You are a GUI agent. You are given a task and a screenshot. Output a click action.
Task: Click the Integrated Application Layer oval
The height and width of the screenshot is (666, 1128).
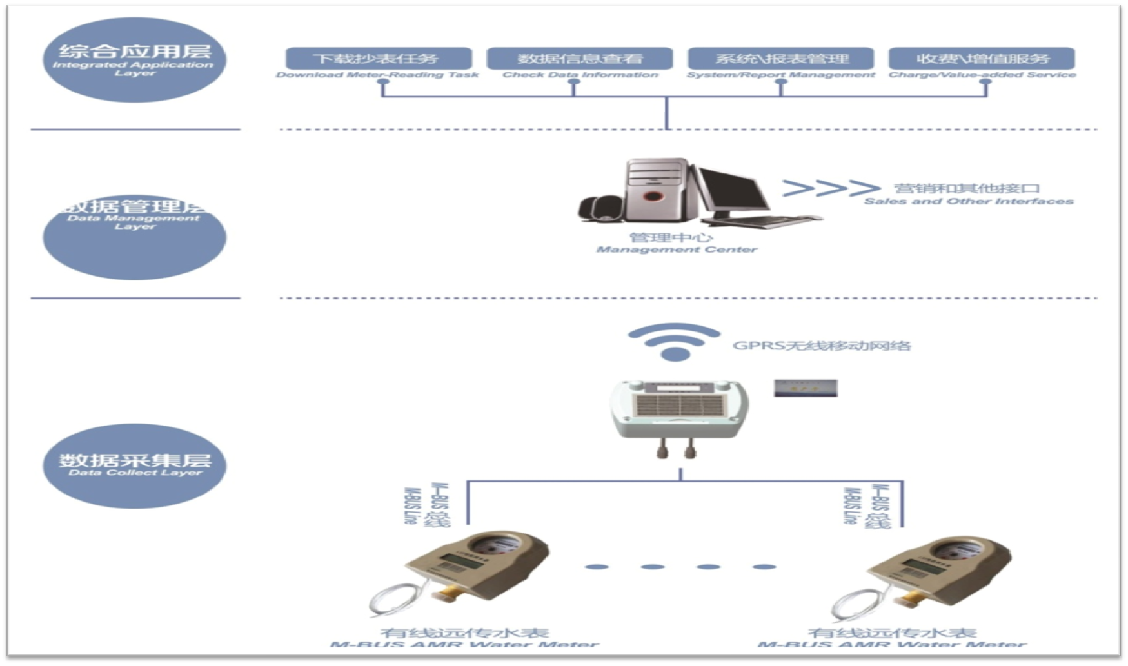coord(134,60)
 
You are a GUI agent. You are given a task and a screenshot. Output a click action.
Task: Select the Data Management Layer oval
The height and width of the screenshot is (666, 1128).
coord(134,237)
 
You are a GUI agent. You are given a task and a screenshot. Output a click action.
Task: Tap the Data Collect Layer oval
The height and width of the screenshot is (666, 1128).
coord(134,465)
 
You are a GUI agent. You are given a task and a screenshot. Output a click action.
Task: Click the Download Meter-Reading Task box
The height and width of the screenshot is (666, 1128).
coord(379,59)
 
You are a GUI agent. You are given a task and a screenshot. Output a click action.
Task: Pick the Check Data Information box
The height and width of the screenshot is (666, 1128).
coord(579,59)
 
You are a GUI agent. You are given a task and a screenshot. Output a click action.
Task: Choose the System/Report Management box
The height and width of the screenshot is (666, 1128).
coord(780,59)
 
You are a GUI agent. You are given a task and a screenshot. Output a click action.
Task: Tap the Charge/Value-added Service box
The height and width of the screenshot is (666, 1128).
coord(981,59)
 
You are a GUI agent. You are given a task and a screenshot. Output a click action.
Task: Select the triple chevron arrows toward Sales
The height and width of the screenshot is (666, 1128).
coord(831,188)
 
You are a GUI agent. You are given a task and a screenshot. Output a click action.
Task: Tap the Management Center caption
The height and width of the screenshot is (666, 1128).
coord(675,243)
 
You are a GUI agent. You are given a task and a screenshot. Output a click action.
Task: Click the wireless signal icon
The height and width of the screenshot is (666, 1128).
coord(675,341)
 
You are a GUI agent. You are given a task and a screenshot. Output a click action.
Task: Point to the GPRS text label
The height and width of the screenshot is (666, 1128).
coord(822,346)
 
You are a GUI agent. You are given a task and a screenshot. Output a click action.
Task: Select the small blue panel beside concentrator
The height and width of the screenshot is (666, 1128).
coord(806,387)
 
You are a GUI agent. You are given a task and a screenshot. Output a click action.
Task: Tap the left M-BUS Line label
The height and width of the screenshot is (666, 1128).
coord(426,505)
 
